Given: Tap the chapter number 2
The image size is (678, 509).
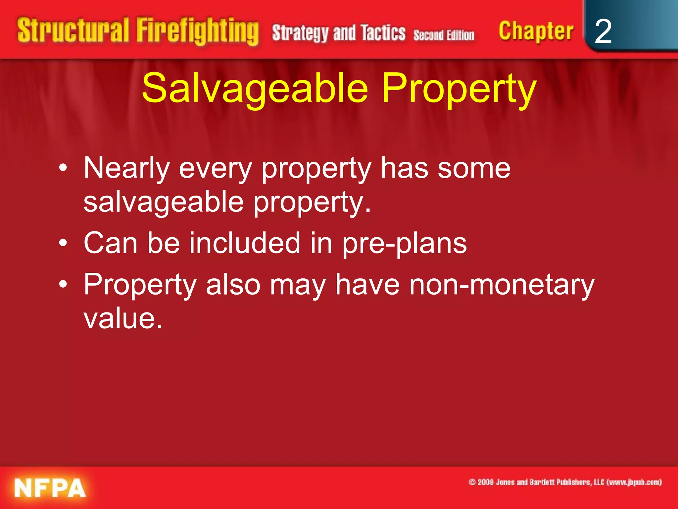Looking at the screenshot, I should click(x=603, y=31).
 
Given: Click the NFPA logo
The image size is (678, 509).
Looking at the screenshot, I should click(x=50, y=488).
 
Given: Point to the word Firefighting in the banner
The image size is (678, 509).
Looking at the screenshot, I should click(x=198, y=31).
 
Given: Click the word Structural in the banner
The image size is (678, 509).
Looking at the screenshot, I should click(x=73, y=30).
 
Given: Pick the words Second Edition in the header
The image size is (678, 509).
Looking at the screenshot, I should click(x=444, y=35).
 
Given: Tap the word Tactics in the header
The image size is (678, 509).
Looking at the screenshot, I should click(x=383, y=32).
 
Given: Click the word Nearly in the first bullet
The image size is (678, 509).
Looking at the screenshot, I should click(x=126, y=169).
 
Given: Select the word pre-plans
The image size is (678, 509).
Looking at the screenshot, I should click(x=404, y=244).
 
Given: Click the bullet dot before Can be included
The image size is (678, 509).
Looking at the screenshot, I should click(x=63, y=244).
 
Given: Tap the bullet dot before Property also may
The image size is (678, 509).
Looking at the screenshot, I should click(x=63, y=284).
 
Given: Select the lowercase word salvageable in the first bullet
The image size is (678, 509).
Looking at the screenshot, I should click(x=164, y=202).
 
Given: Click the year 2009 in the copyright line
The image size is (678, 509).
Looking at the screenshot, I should click(x=485, y=482).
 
